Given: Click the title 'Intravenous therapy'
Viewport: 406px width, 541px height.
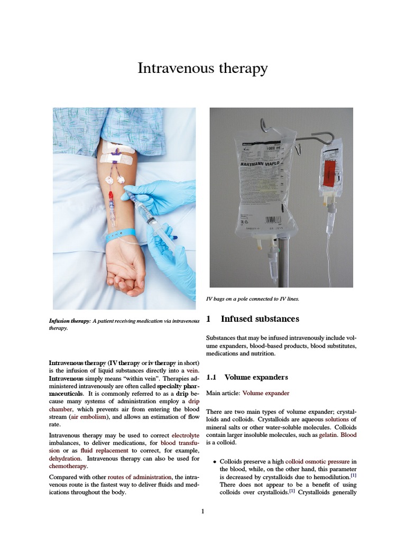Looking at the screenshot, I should coord(202,69).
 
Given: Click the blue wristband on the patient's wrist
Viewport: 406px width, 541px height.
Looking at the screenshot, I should coord(121,235).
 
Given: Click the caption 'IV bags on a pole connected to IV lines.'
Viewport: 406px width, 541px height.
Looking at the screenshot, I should coord(252,299).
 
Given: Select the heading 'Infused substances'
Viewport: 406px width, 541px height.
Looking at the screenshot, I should coord(260,319).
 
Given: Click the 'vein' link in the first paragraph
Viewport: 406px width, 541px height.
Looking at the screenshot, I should coord(193,371).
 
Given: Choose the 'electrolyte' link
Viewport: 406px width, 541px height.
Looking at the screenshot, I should coord(185,435).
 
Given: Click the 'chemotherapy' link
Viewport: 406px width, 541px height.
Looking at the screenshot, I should coord(68,467).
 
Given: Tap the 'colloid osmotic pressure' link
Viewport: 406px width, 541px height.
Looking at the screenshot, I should coord(317,461).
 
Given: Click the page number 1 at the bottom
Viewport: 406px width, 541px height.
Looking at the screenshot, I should coord(202,511).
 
